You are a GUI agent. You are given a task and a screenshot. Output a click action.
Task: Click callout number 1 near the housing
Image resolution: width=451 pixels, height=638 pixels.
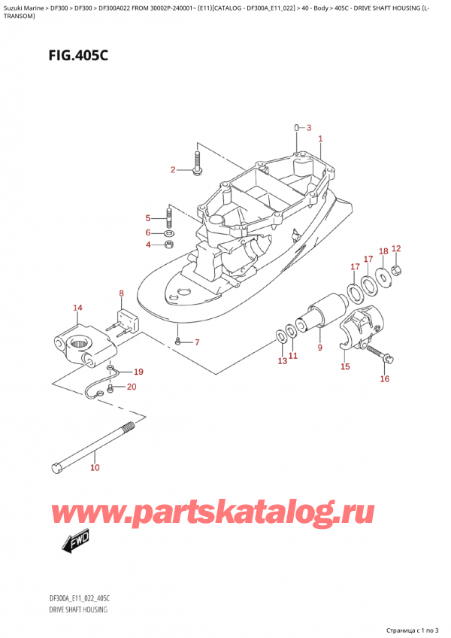[x=320, y=138]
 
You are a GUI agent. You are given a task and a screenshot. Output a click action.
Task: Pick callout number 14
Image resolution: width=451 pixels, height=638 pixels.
[x=77, y=307]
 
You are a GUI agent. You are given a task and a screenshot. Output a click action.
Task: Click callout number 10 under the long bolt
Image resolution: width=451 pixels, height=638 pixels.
[x=94, y=468]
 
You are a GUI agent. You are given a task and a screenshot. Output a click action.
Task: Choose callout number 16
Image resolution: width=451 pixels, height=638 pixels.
[x=385, y=378]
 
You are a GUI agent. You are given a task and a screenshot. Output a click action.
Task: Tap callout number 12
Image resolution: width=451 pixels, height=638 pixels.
[x=396, y=249]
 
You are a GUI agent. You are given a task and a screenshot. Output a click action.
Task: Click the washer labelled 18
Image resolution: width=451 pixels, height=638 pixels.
[x=383, y=276]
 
